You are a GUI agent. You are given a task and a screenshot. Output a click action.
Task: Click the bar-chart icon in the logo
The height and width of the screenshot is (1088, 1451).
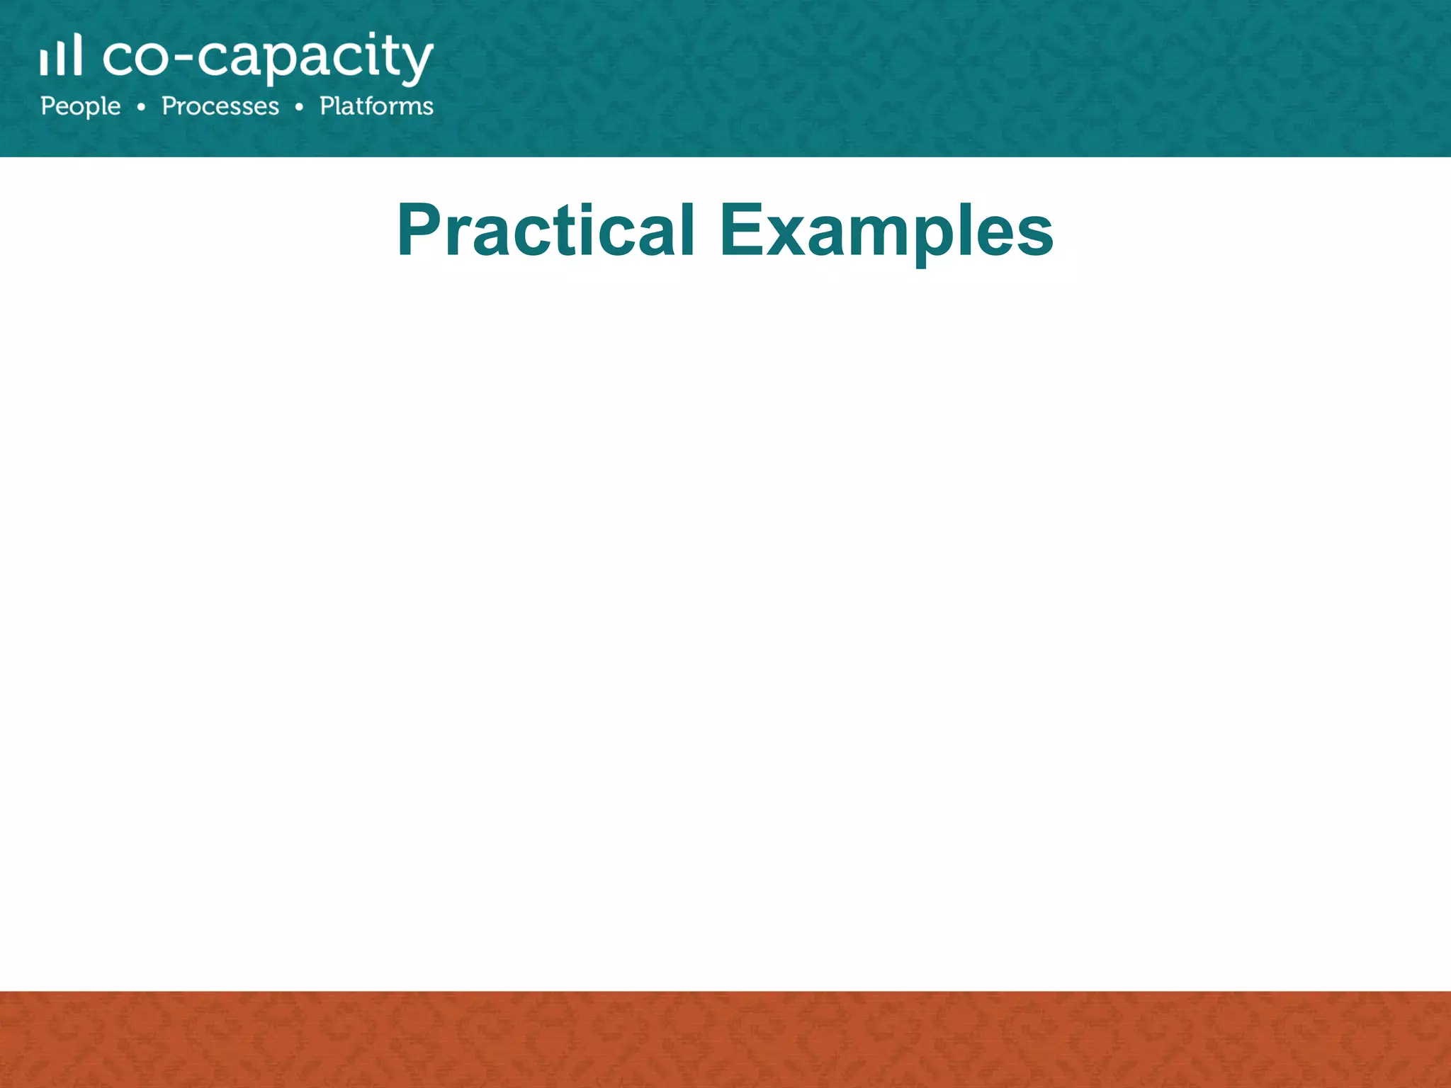pyautogui.click(x=60, y=55)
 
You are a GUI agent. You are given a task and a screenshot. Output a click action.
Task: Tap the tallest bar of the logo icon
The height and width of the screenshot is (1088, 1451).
pyautogui.click(x=77, y=54)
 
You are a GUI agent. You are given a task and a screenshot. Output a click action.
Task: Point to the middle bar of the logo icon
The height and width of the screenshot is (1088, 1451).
pyautogui.click(x=60, y=57)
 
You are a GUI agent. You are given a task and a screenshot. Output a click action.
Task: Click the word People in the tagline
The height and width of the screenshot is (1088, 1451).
pyautogui.click(x=80, y=107)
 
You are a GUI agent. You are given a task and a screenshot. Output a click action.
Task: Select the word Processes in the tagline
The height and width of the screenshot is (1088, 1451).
pyautogui.click(x=220, y=106)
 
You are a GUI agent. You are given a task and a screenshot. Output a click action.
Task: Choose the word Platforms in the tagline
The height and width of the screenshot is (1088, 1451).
pyautogui.click(x=376, y=106)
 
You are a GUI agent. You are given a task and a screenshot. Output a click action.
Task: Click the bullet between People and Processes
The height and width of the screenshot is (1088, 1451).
pyautogui.click(x=142, y=107)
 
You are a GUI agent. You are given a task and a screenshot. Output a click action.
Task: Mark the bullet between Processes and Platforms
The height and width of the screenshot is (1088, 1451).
pyautogui.click(x=299, y=107)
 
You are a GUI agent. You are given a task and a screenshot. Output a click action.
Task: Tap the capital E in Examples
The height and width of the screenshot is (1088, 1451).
pyautogui.click(x=741, y=229)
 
